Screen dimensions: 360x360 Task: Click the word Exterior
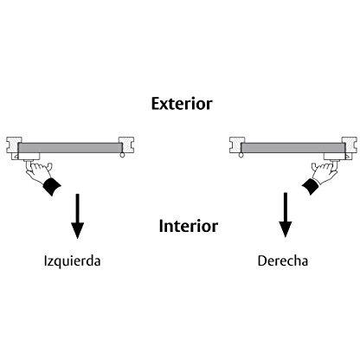pos(182,104)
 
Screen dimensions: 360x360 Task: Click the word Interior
pos(189,226)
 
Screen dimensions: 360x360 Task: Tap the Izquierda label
pos(72,261)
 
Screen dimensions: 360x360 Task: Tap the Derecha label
pos(283,260)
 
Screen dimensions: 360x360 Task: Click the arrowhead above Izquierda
pos(77,230)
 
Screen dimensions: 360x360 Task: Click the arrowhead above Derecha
pos(286,229)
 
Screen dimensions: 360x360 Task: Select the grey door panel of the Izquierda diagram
pos(70,148)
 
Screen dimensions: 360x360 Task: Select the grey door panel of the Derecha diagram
pos(293,148)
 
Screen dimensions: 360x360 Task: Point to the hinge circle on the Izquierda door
pos(122,155)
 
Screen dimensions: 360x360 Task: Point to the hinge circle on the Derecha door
pos(241,155)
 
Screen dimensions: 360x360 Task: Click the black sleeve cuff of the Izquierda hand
pos(52,186)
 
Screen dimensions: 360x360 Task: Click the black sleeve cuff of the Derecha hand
pos(311,185)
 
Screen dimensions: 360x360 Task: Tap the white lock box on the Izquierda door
pos(29,156)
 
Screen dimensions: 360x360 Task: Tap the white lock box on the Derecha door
pos(335,156)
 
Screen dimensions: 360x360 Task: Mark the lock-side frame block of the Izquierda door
pos(14,145)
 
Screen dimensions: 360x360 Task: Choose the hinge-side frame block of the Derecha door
pos(237,145)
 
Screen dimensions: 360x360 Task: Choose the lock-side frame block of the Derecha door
pos(350,145)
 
